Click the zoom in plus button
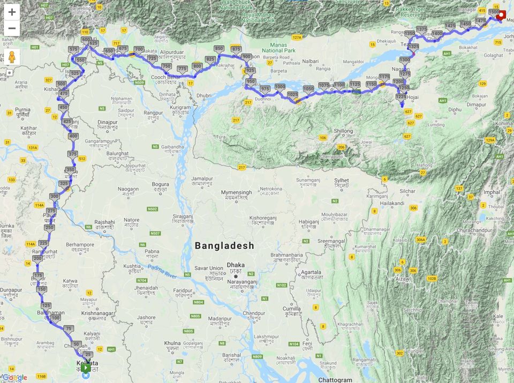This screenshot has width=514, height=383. click(x=12, y=12)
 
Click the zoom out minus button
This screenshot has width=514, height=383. click(x=12, y=28)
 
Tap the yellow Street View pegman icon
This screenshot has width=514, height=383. click(x=12, y=57)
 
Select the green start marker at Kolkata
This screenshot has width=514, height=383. click(x=86, y=367)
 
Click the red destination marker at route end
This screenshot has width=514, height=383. click(x=502, y=15)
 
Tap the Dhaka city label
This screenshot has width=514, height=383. click(x=236, y=265)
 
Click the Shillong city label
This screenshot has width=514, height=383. click(x=343, y=131)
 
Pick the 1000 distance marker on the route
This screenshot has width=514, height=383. click(x=279, y=87)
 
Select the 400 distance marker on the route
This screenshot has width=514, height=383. click(x=73, y=136)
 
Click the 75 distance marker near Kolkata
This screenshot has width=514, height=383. click(x=68, y=328)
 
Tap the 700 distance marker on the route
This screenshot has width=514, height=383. click(x=139, y=49)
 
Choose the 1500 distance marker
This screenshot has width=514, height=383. click(x=494, y=12)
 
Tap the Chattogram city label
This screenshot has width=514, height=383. click(x=335, y=380)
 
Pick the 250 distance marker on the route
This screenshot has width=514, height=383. click(x=49, y=227)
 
